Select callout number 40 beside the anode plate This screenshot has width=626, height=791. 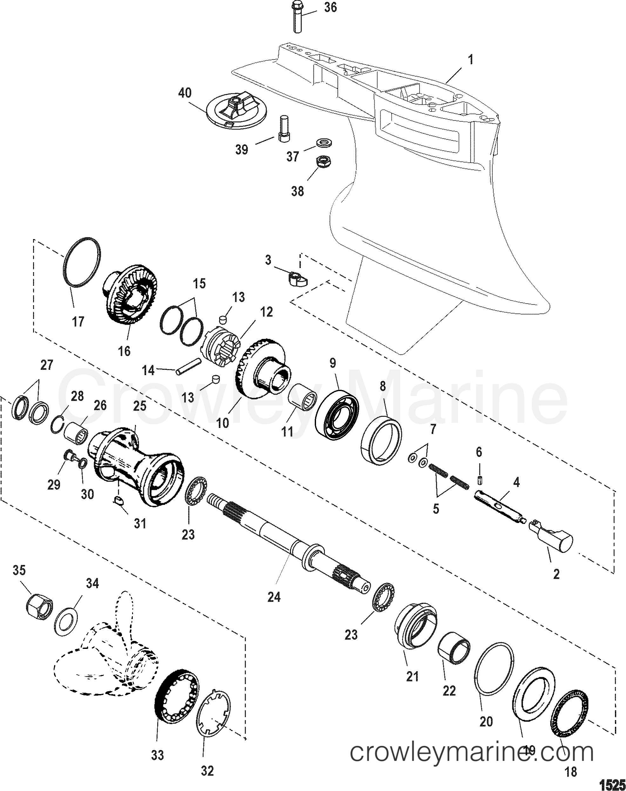185,93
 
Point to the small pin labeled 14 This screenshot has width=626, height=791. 188,367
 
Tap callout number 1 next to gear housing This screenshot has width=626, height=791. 471,60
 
